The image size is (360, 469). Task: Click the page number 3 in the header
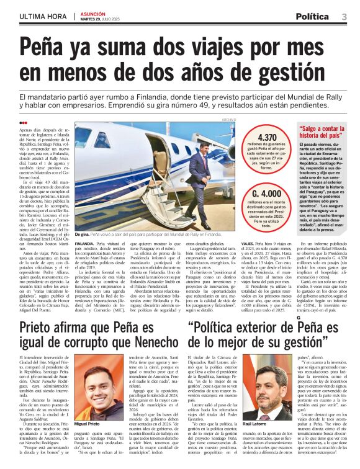(x=344, y=16)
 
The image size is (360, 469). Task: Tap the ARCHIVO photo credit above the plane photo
(x=230, y=118)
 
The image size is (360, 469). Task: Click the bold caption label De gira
(x=81, y=236)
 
